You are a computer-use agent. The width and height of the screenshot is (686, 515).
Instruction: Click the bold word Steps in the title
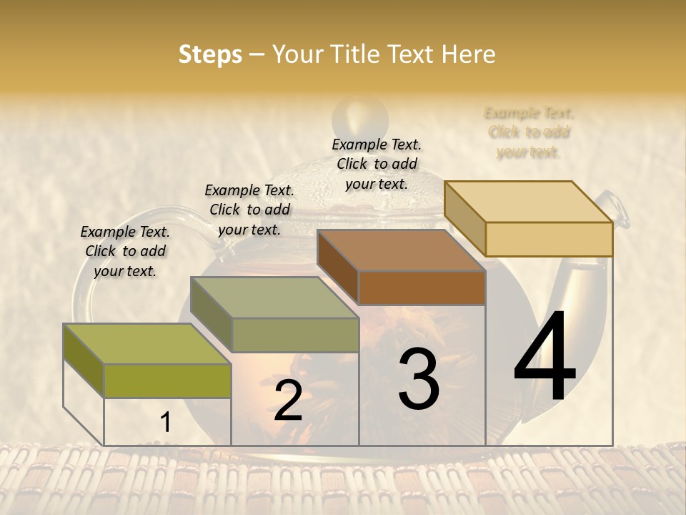210,54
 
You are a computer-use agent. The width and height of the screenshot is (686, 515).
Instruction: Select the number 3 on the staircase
419,380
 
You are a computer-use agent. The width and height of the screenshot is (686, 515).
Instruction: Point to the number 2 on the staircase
288,401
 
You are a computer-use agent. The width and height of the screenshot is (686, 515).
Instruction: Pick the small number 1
165,423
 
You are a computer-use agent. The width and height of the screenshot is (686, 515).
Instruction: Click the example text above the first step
125,251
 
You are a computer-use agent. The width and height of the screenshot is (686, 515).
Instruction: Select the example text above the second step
249,210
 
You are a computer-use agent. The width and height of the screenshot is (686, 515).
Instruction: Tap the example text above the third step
377,164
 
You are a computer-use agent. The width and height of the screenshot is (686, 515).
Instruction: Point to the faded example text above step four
529,132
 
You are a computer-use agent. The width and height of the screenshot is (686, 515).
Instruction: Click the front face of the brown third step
422,288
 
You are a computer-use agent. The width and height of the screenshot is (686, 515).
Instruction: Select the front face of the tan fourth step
549,239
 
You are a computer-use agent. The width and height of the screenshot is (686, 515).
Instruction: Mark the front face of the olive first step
167,381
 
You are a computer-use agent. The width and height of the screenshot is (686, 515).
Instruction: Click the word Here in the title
469,54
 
